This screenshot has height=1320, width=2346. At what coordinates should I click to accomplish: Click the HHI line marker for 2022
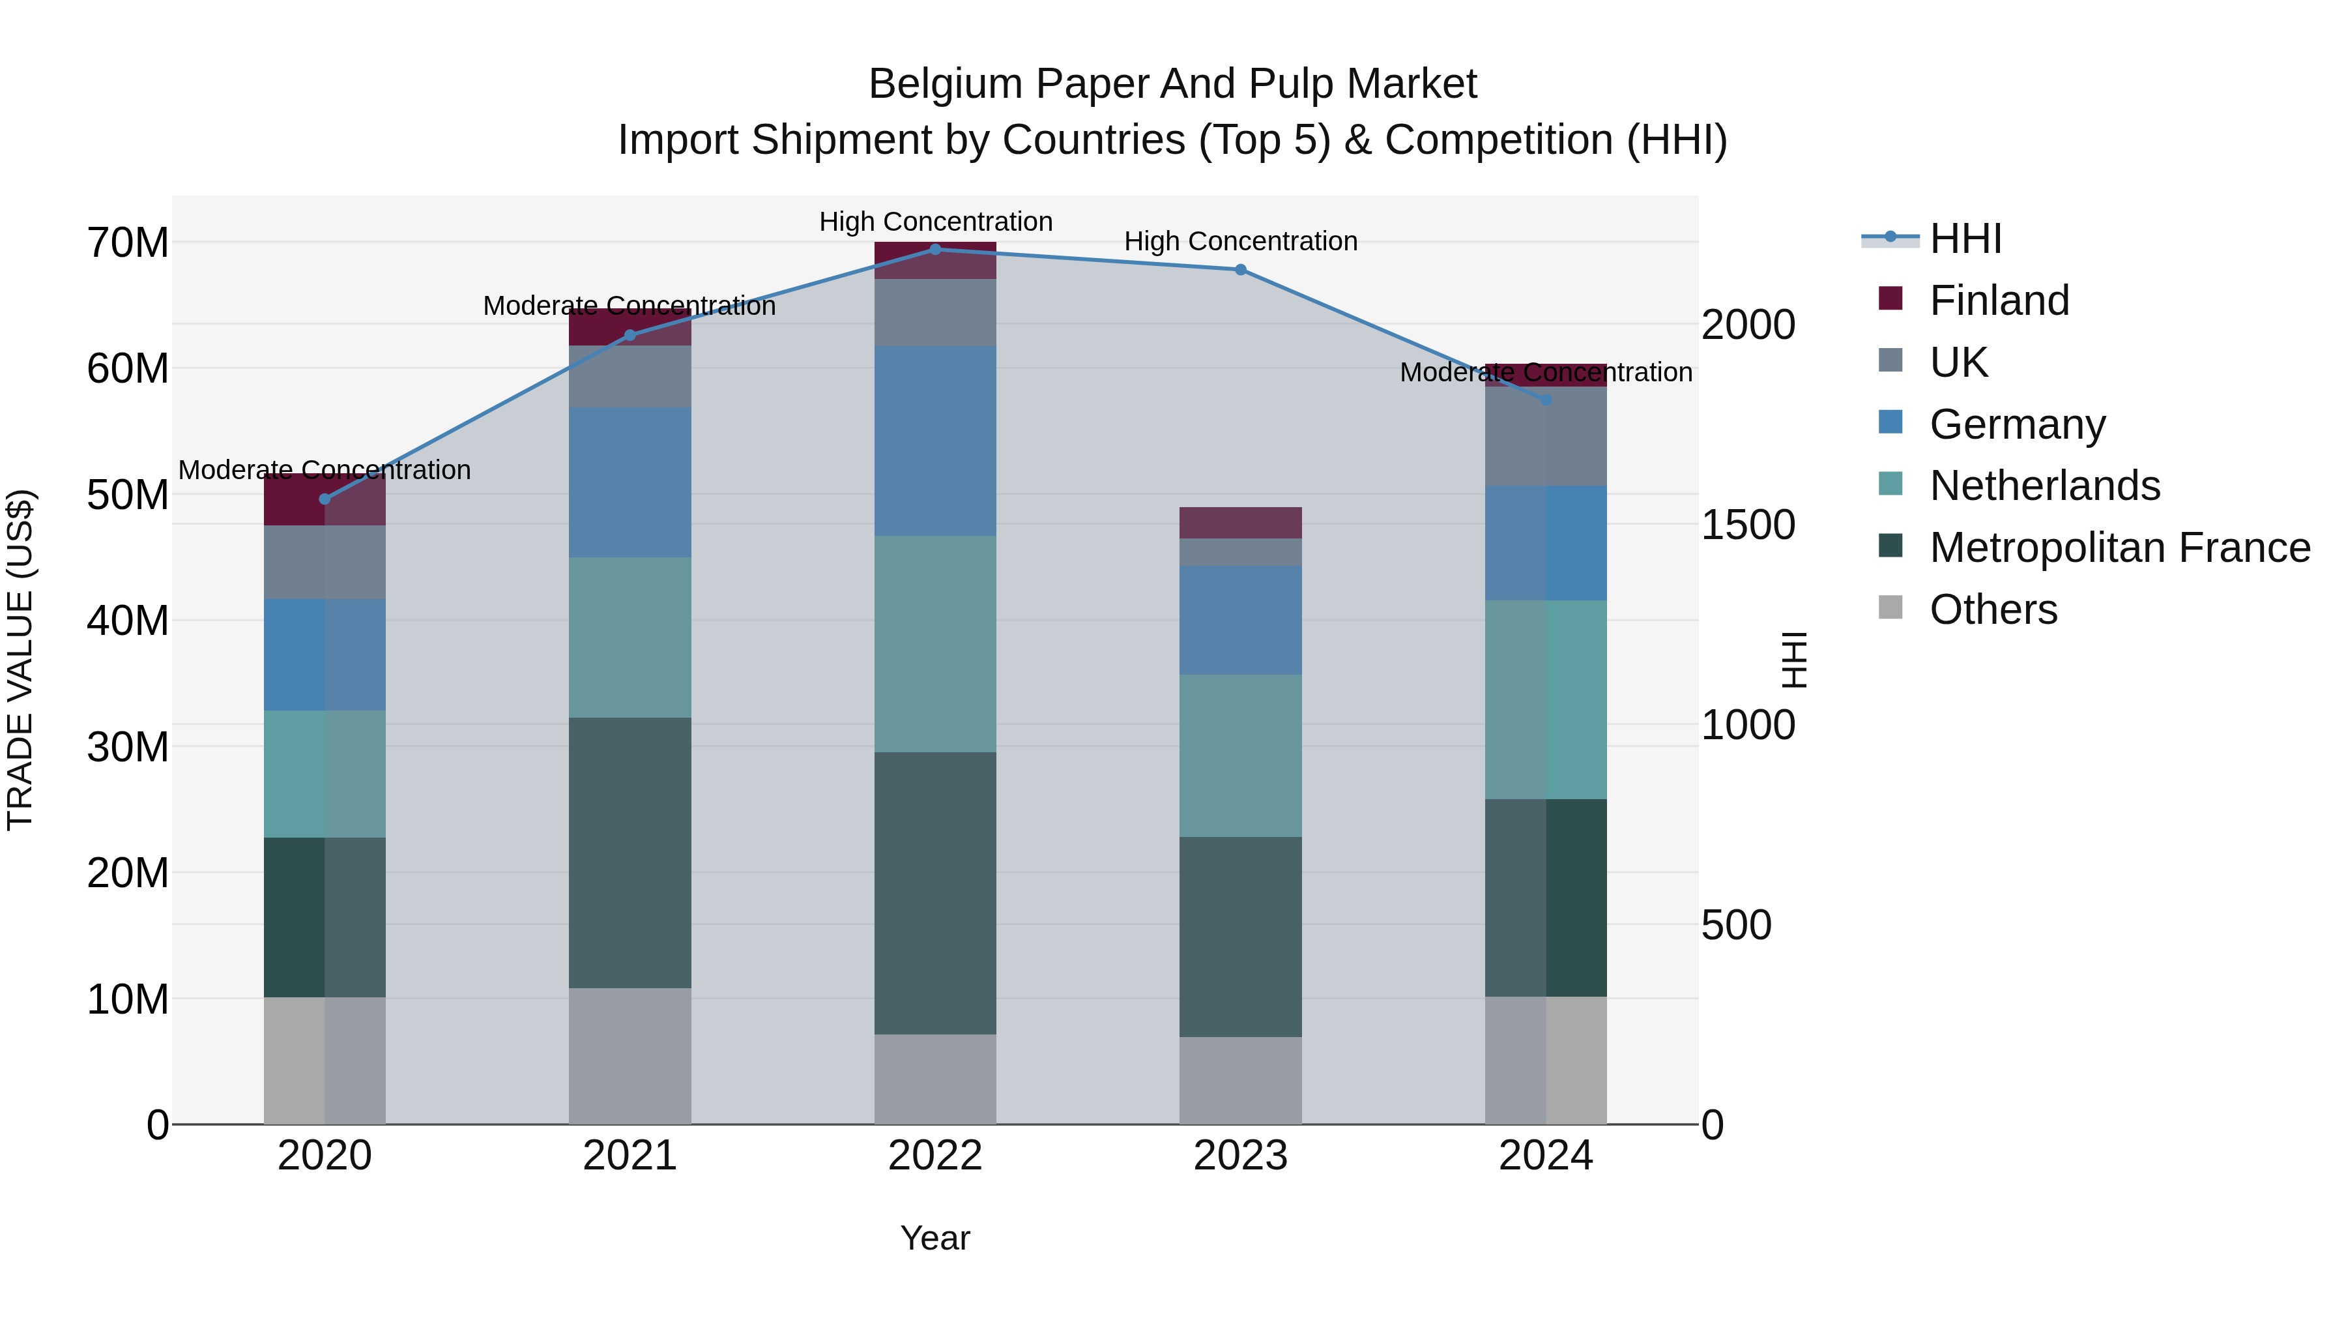click(935, 249)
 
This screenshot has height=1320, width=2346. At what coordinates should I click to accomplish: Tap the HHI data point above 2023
click(1240, 270)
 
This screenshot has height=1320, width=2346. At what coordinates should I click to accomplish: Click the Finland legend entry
click(1999, 301)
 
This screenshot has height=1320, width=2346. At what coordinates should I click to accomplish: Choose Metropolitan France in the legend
click(2119, 548)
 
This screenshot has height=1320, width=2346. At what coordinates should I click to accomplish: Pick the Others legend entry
click(1993, 609)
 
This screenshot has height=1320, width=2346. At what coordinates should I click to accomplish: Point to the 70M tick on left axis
click(128, 243)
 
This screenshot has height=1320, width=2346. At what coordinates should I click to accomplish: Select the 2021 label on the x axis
click(630, 1156)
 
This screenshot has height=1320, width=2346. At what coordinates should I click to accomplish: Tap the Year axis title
click(935, 1238)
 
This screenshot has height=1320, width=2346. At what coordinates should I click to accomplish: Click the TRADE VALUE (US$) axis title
click(20, 660)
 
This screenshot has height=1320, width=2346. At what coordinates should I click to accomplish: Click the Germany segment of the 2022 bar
click(935, 441)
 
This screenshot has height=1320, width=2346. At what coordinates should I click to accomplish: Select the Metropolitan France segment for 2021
click(630, 853)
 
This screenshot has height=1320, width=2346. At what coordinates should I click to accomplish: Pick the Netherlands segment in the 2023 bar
click(1240, 755)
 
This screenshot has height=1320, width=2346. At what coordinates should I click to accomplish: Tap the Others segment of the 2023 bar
click(1240, 1079)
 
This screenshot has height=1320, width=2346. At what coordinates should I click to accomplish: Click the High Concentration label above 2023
click(1240, 241)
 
